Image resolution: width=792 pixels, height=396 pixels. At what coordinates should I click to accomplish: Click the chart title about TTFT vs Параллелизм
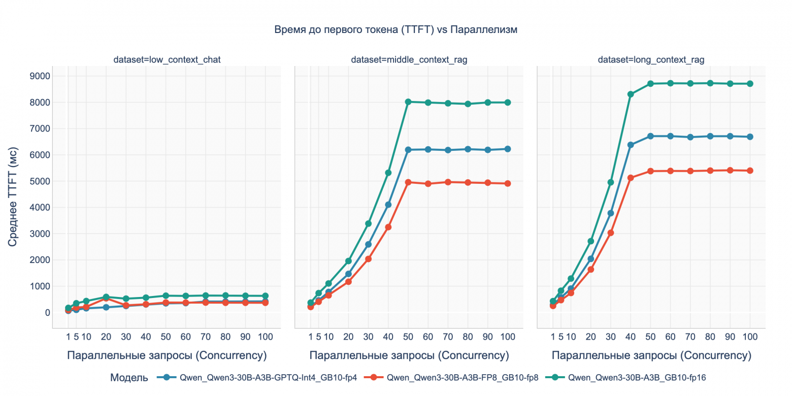(x=395, y=30)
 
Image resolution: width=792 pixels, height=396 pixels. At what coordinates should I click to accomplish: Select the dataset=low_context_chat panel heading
(x=167, y=60)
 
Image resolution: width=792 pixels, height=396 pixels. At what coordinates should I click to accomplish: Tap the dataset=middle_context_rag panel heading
(x=409, y=60)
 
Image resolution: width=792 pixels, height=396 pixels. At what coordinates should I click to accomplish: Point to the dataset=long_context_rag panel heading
(x=651, y=60)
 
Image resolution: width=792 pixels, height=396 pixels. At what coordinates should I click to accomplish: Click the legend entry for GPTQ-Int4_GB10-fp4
(x=259, y=378)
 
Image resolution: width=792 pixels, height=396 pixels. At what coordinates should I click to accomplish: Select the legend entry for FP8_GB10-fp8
(x=455, y=378)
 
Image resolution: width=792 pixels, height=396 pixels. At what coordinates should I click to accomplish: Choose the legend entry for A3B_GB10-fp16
(x=630, y=378)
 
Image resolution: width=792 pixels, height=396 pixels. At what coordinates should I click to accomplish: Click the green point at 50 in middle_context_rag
(x=408, y=102)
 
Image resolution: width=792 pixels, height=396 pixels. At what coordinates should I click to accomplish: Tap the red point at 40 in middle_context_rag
(x=388, y=227)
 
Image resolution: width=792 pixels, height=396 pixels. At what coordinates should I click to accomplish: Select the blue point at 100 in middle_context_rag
(x=507, y=149)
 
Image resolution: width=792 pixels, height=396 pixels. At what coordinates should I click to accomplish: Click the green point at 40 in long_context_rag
(x=631, y=94)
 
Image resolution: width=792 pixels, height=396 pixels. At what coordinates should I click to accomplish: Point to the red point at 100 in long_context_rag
(x=750, y=171)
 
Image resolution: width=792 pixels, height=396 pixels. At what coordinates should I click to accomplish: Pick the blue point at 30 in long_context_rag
(x=611, y=213)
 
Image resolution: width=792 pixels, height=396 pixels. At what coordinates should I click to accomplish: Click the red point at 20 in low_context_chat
(x=106, y=298)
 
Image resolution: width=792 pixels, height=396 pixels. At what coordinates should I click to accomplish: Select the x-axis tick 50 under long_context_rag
(x=650, y=337)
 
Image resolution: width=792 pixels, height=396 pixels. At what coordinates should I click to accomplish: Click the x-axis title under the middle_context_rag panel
(x=409, y=355)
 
